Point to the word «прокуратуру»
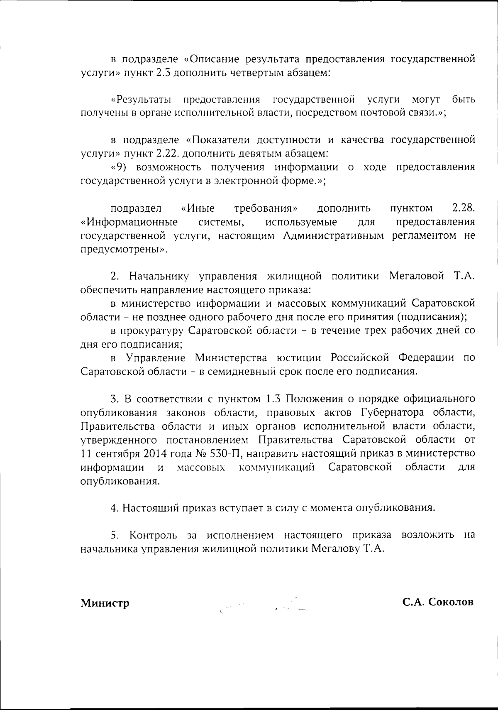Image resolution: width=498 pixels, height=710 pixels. coord(151,331)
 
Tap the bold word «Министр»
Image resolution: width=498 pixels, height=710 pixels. coord(105,602)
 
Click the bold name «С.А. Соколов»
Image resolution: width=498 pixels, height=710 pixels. coord(437,602)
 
